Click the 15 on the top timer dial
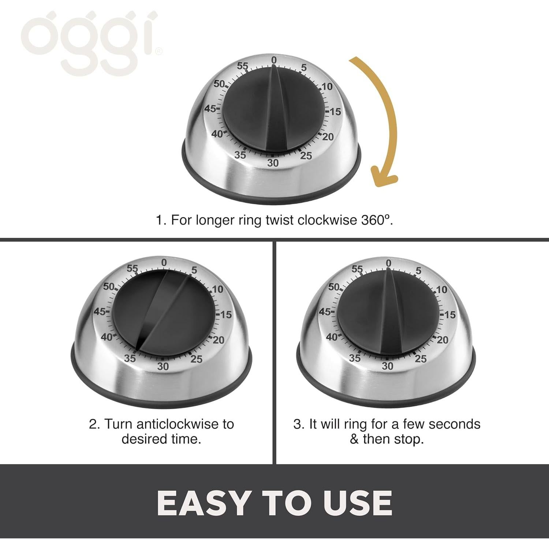pos(335,112)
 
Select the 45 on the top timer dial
pos(210,109)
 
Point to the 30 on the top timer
pos(273,163)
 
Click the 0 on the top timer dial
pos(274,60)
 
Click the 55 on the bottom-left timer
pos(132,268)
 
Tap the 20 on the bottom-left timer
pos(219,340)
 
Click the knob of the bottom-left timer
pos(163,313)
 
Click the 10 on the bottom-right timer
pos(442,290)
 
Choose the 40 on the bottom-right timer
pos(332,337)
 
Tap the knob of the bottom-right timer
pos(388,313)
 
